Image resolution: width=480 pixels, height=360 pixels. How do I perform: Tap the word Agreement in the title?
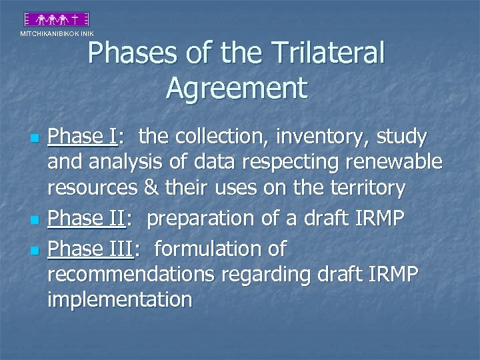[237, 87]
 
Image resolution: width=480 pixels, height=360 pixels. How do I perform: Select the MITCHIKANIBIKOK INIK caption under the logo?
[57, 33]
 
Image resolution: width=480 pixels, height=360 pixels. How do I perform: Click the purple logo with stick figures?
[57, 20]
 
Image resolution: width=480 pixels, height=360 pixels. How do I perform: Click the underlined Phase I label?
[83, 137]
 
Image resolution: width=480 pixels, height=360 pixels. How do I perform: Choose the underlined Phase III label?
[91, 249]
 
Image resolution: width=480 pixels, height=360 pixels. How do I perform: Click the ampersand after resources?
[151, 189]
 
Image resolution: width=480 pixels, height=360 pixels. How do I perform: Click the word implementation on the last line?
[119, 300]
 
